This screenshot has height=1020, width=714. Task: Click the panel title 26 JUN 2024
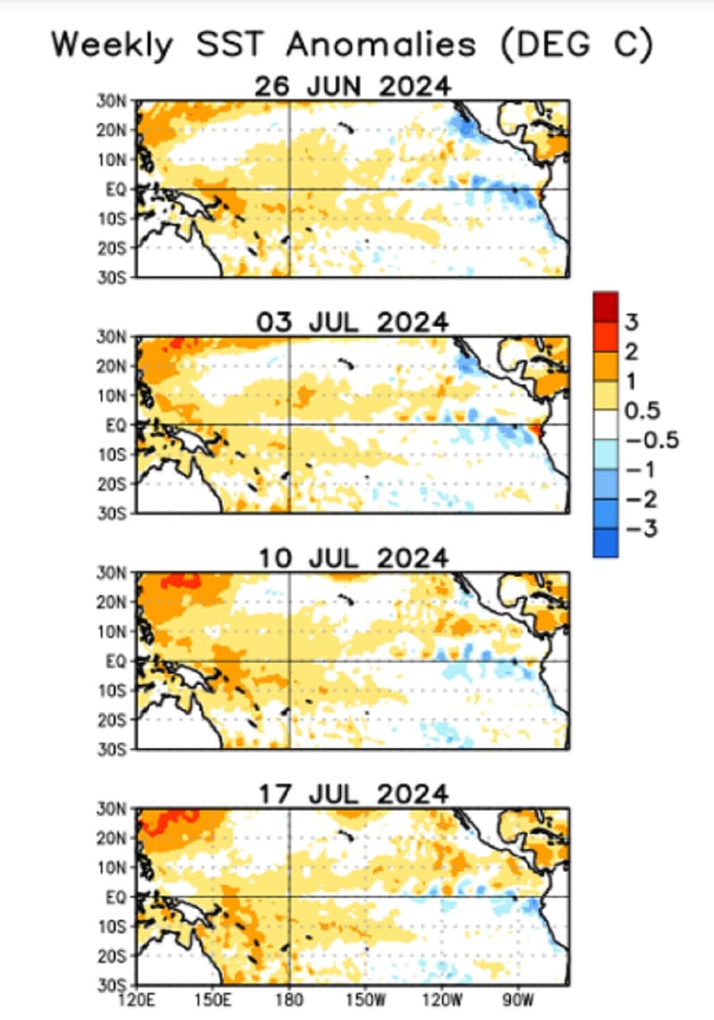click(x=353, y=88)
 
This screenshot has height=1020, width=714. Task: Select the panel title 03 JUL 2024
click(x=353, y=322)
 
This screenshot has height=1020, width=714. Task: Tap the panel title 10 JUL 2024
click(x=353, y=558)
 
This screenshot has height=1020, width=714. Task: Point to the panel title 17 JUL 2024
click(x=353, y=794)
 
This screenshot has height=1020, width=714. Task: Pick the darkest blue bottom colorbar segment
click(x=605, y=542)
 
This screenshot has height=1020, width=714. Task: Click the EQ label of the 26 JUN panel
click(x=120, y=188)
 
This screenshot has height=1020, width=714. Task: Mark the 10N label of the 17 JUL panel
click(x=119, y=866)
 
